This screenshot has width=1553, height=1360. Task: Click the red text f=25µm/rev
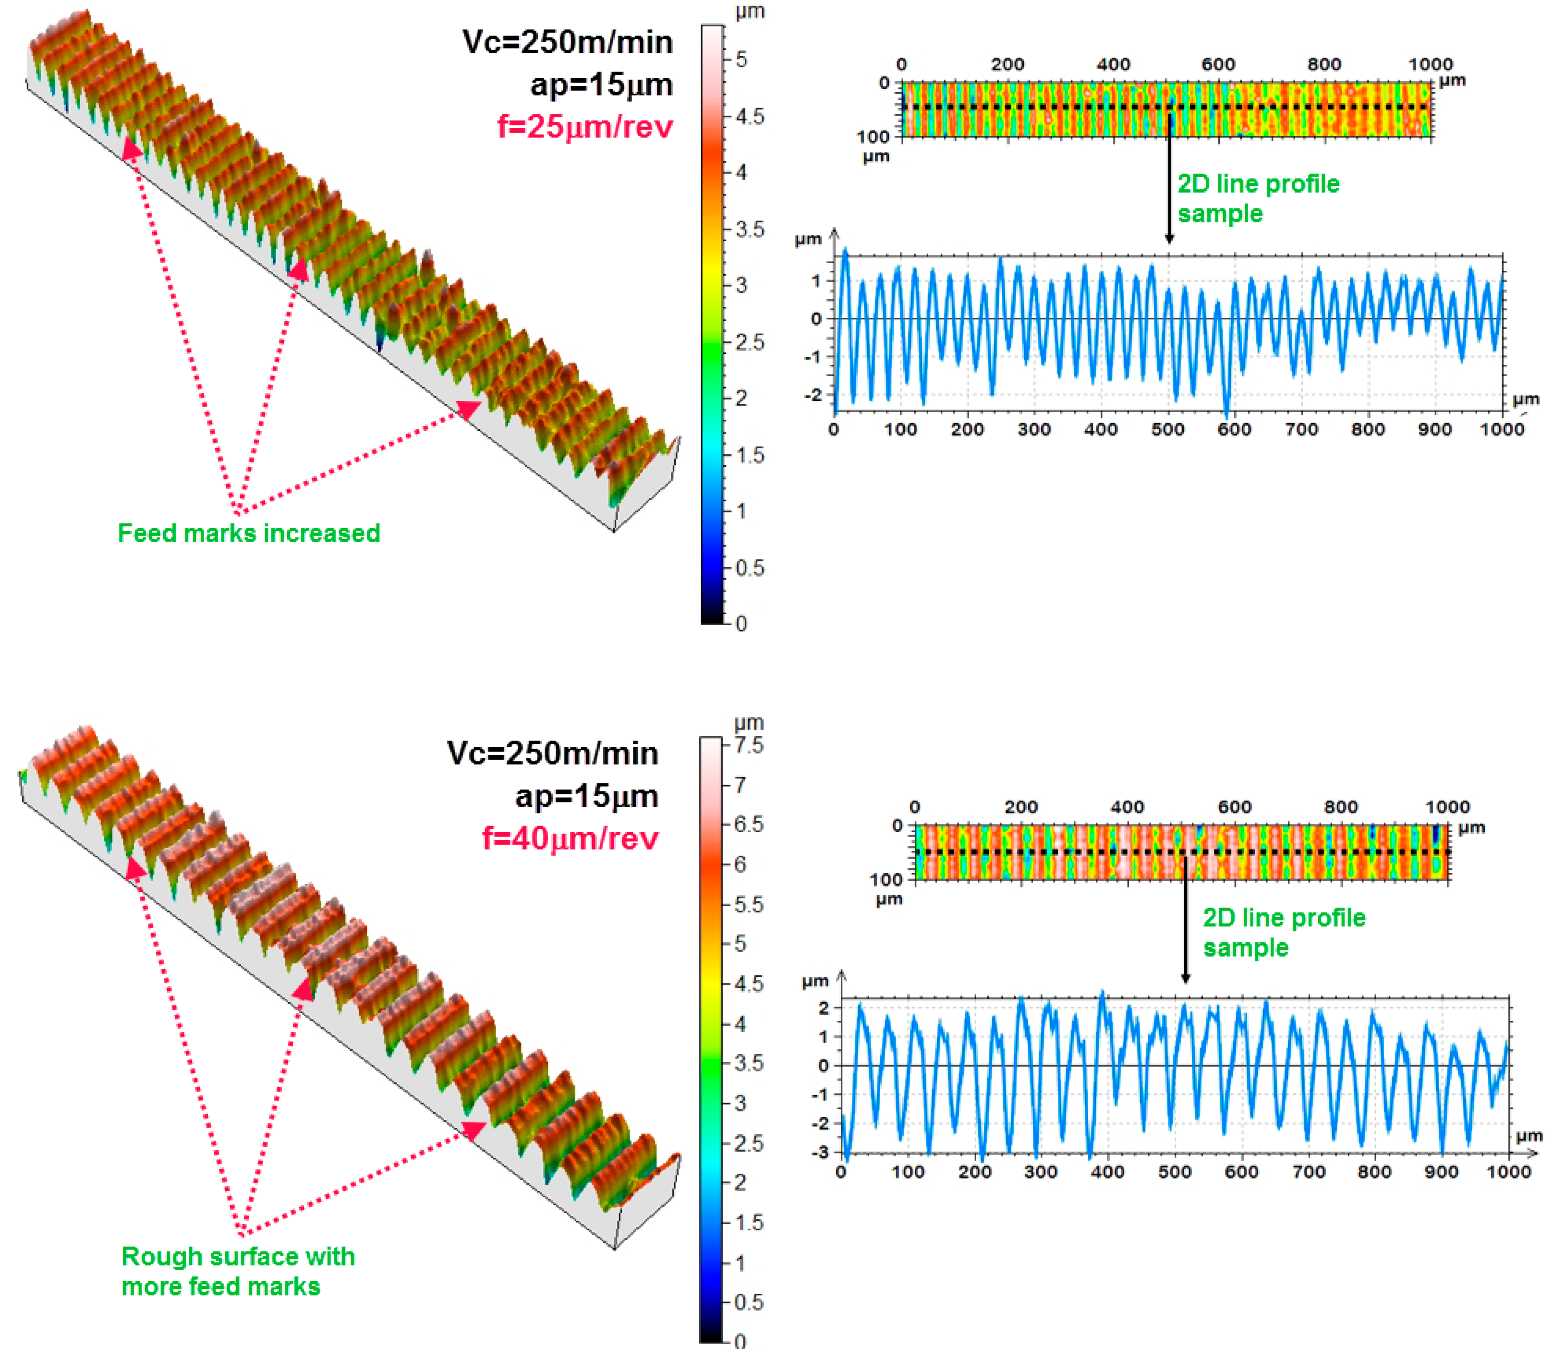click(584, 127)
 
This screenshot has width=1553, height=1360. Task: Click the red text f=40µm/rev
click(570, 838)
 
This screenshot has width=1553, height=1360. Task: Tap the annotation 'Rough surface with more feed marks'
click(238, 1271)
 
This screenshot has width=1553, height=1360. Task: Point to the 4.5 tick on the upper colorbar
click(750, 116)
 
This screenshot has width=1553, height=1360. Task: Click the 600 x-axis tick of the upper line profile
click(1234, 429)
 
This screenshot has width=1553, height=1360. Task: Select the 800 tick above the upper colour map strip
click(1324, 64)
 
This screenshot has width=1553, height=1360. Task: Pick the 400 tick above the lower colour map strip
click(1127, 807)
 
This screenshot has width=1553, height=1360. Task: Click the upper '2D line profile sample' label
click(1258, 199)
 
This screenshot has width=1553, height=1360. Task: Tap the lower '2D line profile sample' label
click(1284, 933)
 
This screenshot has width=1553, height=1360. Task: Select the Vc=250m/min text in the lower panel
click(553, 753)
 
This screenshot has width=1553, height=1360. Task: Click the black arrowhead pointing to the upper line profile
click(1169, 238)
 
